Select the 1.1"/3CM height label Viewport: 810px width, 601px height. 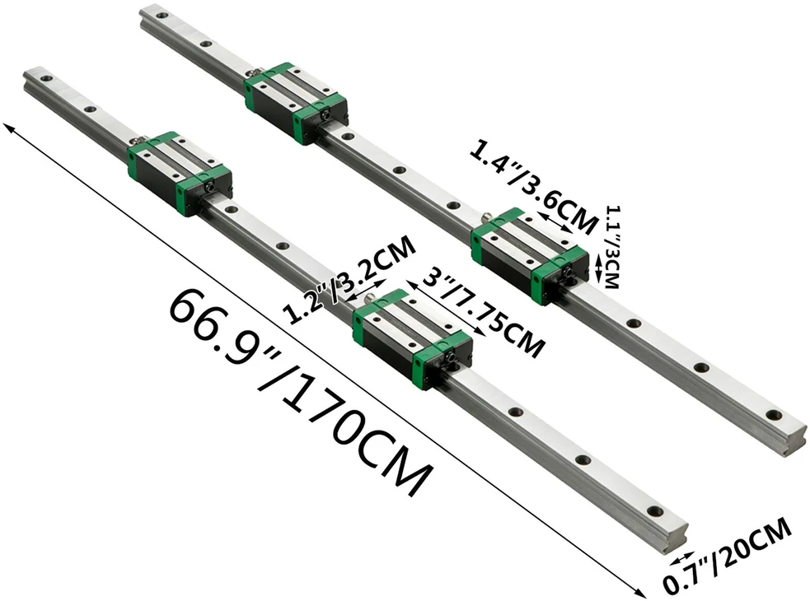click(x=611, y=247)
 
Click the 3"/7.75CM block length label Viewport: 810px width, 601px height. click(x=483, y=316)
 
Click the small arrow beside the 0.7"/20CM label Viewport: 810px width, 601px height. click(x=682, y=558)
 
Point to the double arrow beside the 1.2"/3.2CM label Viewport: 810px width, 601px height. click(x=366, y=290)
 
